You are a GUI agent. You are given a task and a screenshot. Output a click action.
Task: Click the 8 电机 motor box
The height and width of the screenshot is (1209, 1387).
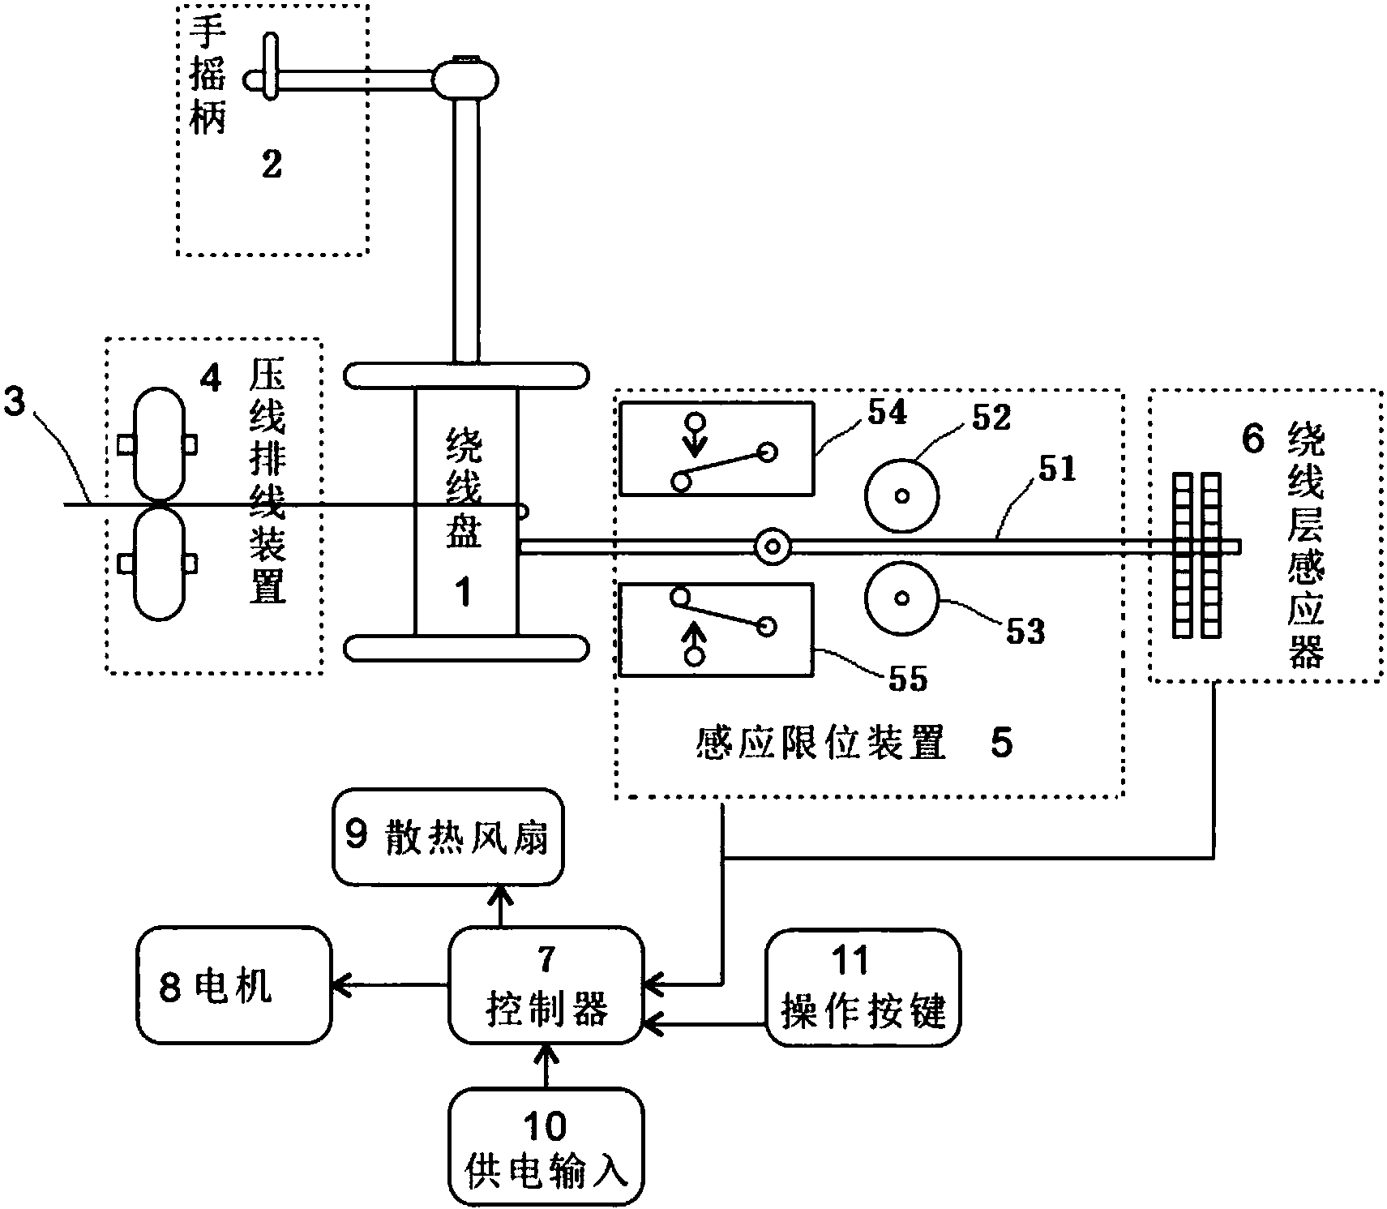point(233,985)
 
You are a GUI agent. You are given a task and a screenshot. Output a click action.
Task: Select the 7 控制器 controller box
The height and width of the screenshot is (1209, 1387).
point(546,986)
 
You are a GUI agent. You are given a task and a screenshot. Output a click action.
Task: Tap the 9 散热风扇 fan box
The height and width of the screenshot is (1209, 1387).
point(447,837)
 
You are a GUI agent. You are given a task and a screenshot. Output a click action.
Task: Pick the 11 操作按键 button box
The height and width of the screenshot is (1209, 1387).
point(863,986)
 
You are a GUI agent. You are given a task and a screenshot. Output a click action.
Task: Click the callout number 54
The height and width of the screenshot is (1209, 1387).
point(888,413)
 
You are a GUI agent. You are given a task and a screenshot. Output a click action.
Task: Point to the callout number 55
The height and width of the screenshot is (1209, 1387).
point(907,680)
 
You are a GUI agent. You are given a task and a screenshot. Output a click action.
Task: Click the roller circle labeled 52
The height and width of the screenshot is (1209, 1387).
point(902,495)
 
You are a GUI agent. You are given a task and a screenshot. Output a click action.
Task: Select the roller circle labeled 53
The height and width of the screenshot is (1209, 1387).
point(902,598)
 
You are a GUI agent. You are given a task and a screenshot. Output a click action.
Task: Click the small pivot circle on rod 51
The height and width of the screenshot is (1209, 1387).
point(773,547)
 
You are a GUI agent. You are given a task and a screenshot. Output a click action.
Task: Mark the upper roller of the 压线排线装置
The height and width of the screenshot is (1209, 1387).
point(159,444)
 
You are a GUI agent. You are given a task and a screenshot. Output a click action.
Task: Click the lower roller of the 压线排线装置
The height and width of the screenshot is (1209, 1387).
point(159,564)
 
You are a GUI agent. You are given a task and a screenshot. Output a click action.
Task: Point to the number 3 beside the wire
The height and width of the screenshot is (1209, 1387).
point(15,402)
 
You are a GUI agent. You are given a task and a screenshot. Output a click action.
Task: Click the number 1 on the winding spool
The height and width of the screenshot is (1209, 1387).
point(464,593)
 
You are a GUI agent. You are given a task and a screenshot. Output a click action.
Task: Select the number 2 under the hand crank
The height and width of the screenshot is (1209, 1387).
point(272,165)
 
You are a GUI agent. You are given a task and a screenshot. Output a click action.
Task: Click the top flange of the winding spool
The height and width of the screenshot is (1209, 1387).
point(466,375)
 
